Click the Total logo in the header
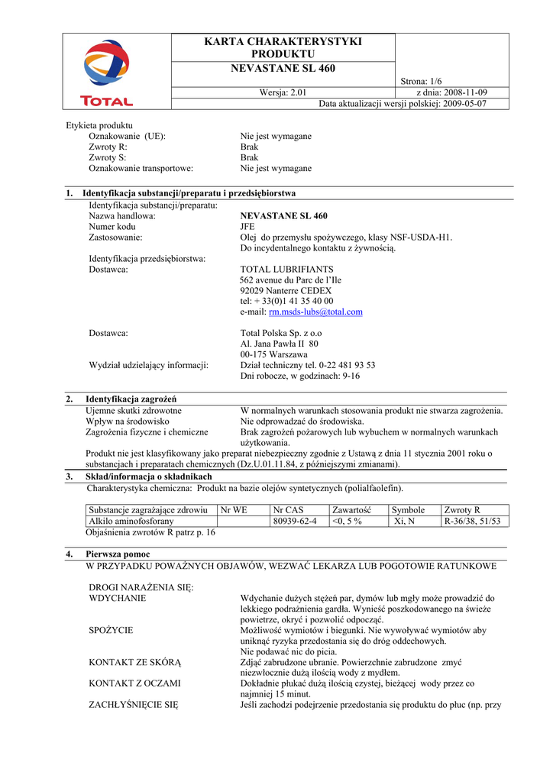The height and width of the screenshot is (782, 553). coord(107,73)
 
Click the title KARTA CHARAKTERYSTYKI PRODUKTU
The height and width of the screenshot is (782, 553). coord(283,47)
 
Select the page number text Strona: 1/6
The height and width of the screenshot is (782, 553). coord(422,82)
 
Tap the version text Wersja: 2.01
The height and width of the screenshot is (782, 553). coord(283,93)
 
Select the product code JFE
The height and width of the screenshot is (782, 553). coord(248,227)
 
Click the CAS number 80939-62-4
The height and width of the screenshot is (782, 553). coord(294,521)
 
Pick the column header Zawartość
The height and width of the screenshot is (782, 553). coord(351,509)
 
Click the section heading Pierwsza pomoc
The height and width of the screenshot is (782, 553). coord(118,554)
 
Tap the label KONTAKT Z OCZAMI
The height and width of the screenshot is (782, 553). coord(134,683)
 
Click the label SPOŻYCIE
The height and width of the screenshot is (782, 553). coord(112,630)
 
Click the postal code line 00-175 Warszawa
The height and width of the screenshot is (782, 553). coord(273,354)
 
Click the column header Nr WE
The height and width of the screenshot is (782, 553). coord(234,509)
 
